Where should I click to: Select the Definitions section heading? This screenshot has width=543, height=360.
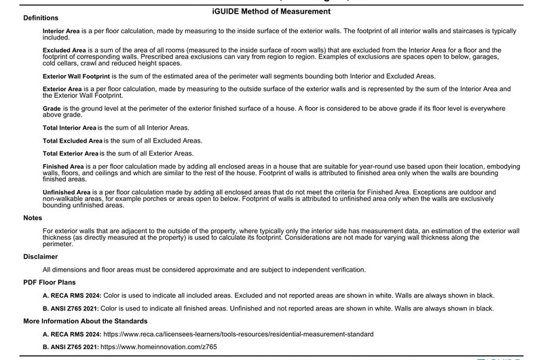(x=40, y=18)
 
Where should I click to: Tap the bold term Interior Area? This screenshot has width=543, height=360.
(x=60, y=32)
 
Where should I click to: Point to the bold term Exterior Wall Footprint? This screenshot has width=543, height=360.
(x=76, y=75)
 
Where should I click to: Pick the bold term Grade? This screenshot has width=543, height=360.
(x=51, y=109)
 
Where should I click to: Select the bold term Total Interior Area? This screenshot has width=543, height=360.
(x=69, y=128)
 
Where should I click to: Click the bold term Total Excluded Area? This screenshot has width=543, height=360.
(x=72, y=141)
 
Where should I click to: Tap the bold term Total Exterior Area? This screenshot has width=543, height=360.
(x=71, y=153)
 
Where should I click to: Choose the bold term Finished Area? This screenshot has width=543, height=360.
(x=62, y=166)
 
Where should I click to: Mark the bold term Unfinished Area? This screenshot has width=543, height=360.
(x=67, y=192)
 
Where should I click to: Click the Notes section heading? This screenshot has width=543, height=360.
(x=33, y=218)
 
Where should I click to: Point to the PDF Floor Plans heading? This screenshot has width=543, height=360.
(x=50, y=282)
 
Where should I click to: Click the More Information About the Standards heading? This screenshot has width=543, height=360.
(x=85, y=321)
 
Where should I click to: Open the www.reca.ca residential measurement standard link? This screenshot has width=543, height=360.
(x=237, y=334)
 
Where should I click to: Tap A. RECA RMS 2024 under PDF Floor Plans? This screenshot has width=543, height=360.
(x=72, y=295)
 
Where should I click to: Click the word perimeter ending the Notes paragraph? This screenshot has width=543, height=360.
(x=58, y=243)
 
